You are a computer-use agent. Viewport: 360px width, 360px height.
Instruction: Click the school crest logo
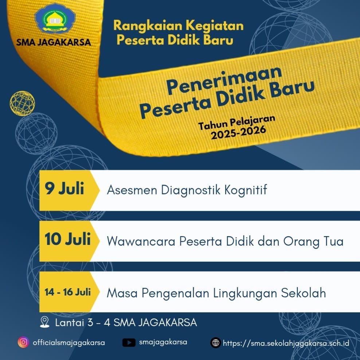point(55,18)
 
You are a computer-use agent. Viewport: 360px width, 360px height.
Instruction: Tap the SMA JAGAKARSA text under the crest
point(54,42)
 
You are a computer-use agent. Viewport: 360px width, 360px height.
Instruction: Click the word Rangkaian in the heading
point(148,25)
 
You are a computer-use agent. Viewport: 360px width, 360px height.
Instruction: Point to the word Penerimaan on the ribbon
point(224,80)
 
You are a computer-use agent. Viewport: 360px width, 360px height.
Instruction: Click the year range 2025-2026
point(238,133)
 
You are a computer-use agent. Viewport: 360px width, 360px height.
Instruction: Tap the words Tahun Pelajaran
point(237,122)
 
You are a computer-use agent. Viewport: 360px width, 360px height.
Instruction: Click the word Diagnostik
point(191,190)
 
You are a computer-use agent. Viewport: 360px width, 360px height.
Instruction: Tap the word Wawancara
point(141,241)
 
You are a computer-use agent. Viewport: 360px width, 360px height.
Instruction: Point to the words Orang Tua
point(313,242)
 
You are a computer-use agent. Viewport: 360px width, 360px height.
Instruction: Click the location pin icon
point(44,322)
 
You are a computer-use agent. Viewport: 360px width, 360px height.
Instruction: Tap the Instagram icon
point(23,342)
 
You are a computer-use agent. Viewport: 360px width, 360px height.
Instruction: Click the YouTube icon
point(129,343)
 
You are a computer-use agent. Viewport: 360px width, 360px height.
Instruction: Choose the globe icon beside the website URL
point(216,343)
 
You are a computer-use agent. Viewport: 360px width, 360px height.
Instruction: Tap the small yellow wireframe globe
point(22,103)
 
